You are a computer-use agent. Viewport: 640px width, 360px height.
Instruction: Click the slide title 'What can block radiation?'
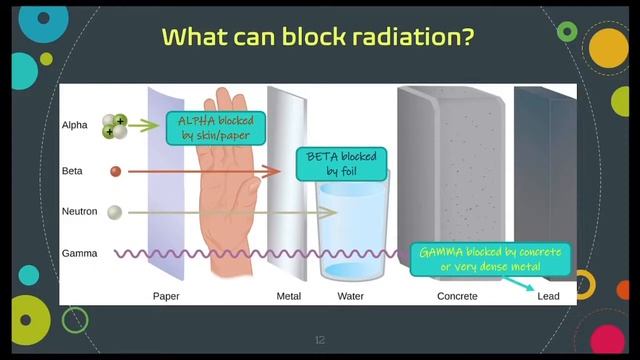318,37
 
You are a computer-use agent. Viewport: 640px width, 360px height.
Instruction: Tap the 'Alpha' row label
75,126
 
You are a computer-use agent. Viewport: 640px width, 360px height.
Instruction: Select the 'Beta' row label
72,171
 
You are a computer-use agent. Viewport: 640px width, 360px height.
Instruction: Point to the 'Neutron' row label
79,212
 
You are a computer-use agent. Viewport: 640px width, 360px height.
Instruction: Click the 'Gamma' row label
79,254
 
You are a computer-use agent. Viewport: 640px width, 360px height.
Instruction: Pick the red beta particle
116,171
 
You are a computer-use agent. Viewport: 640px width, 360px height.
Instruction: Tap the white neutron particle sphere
115,212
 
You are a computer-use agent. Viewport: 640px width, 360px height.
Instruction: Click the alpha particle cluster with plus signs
114,126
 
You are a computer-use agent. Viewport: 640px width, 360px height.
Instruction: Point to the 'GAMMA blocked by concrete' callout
491,258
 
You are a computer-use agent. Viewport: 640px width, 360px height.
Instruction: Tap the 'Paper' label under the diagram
166,296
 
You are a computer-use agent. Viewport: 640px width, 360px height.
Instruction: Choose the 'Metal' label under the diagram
289,296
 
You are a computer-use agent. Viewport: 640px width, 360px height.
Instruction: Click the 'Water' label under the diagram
350,296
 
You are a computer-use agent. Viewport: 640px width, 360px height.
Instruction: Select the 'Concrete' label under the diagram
457,296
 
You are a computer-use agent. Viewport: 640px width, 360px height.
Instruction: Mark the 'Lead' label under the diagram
548,296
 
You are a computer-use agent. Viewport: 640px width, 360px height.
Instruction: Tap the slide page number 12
320,341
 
